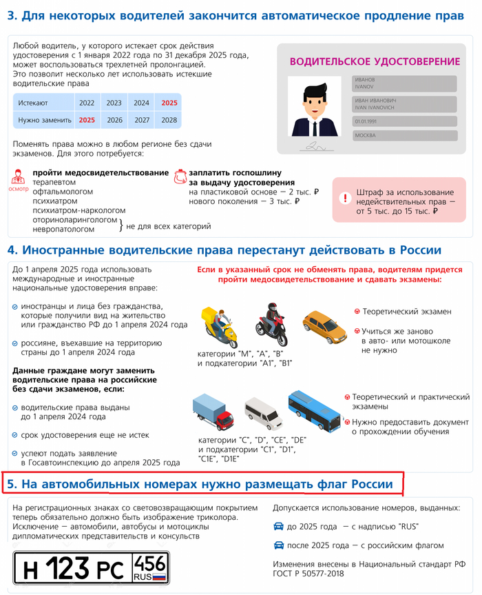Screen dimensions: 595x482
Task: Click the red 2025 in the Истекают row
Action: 169,103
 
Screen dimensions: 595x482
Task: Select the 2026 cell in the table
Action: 114,119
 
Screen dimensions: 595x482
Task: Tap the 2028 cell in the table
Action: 169,119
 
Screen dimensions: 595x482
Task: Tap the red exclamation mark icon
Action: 344,196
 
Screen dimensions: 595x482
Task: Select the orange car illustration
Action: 324,326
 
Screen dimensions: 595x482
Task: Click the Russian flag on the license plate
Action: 159,576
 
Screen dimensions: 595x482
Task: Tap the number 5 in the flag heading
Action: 12,484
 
